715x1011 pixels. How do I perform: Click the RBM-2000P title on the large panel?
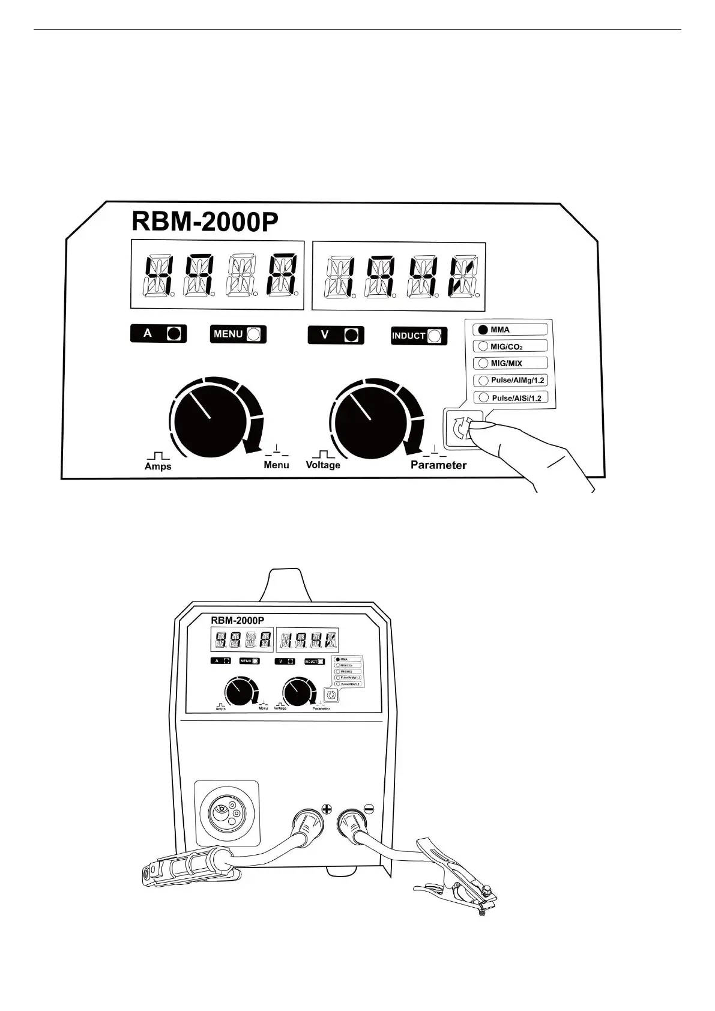(205, 222)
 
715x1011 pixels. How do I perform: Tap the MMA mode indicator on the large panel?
(511, 330)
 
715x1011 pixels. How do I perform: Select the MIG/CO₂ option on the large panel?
(511, 346)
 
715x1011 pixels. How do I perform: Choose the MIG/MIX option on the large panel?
(511, 363)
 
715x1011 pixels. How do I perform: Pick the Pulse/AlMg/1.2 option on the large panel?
(511, 380)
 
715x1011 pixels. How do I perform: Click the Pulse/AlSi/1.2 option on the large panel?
(511, 397)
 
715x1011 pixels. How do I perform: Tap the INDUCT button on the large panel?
(419, 336)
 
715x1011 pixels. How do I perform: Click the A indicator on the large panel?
(158, 334)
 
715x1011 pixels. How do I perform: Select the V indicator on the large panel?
(336, 335)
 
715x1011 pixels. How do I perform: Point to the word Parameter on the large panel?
(438, 465)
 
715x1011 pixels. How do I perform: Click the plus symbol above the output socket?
(327, 809)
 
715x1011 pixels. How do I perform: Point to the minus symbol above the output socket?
(369, 809)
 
